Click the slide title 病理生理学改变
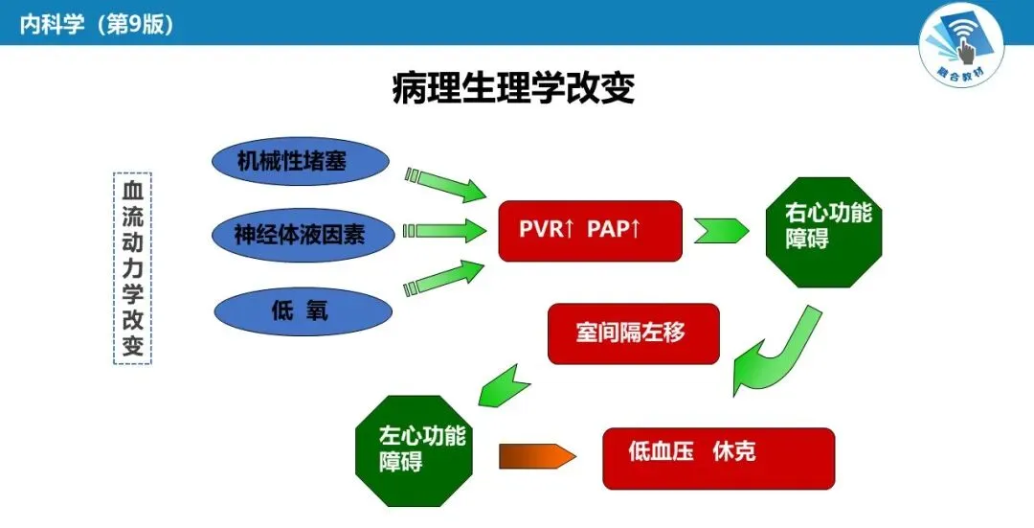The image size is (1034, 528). pyautogui.click(x=514, y=89)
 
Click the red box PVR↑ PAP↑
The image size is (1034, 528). pyautogui.click(x=590, y=231)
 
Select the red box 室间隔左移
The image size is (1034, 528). pyautogui.click(x=632, y=333)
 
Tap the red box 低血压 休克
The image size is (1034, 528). pyautogui.click(x=718, y=458)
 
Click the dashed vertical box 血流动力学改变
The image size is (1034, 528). pyautogui.click(x=133, y=268)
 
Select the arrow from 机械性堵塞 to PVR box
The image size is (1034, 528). pyautogui.click(x=447, y=184)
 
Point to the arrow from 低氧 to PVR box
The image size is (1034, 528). pyautogui.click(x=445, y=277)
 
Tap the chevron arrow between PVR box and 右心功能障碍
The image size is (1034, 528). pyautogui.click(x=721, y=231)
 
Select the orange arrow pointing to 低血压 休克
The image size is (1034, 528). pyautogui.click(x=537, y=457)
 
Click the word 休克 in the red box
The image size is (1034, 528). pyautogui.click(x=734, y=450)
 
